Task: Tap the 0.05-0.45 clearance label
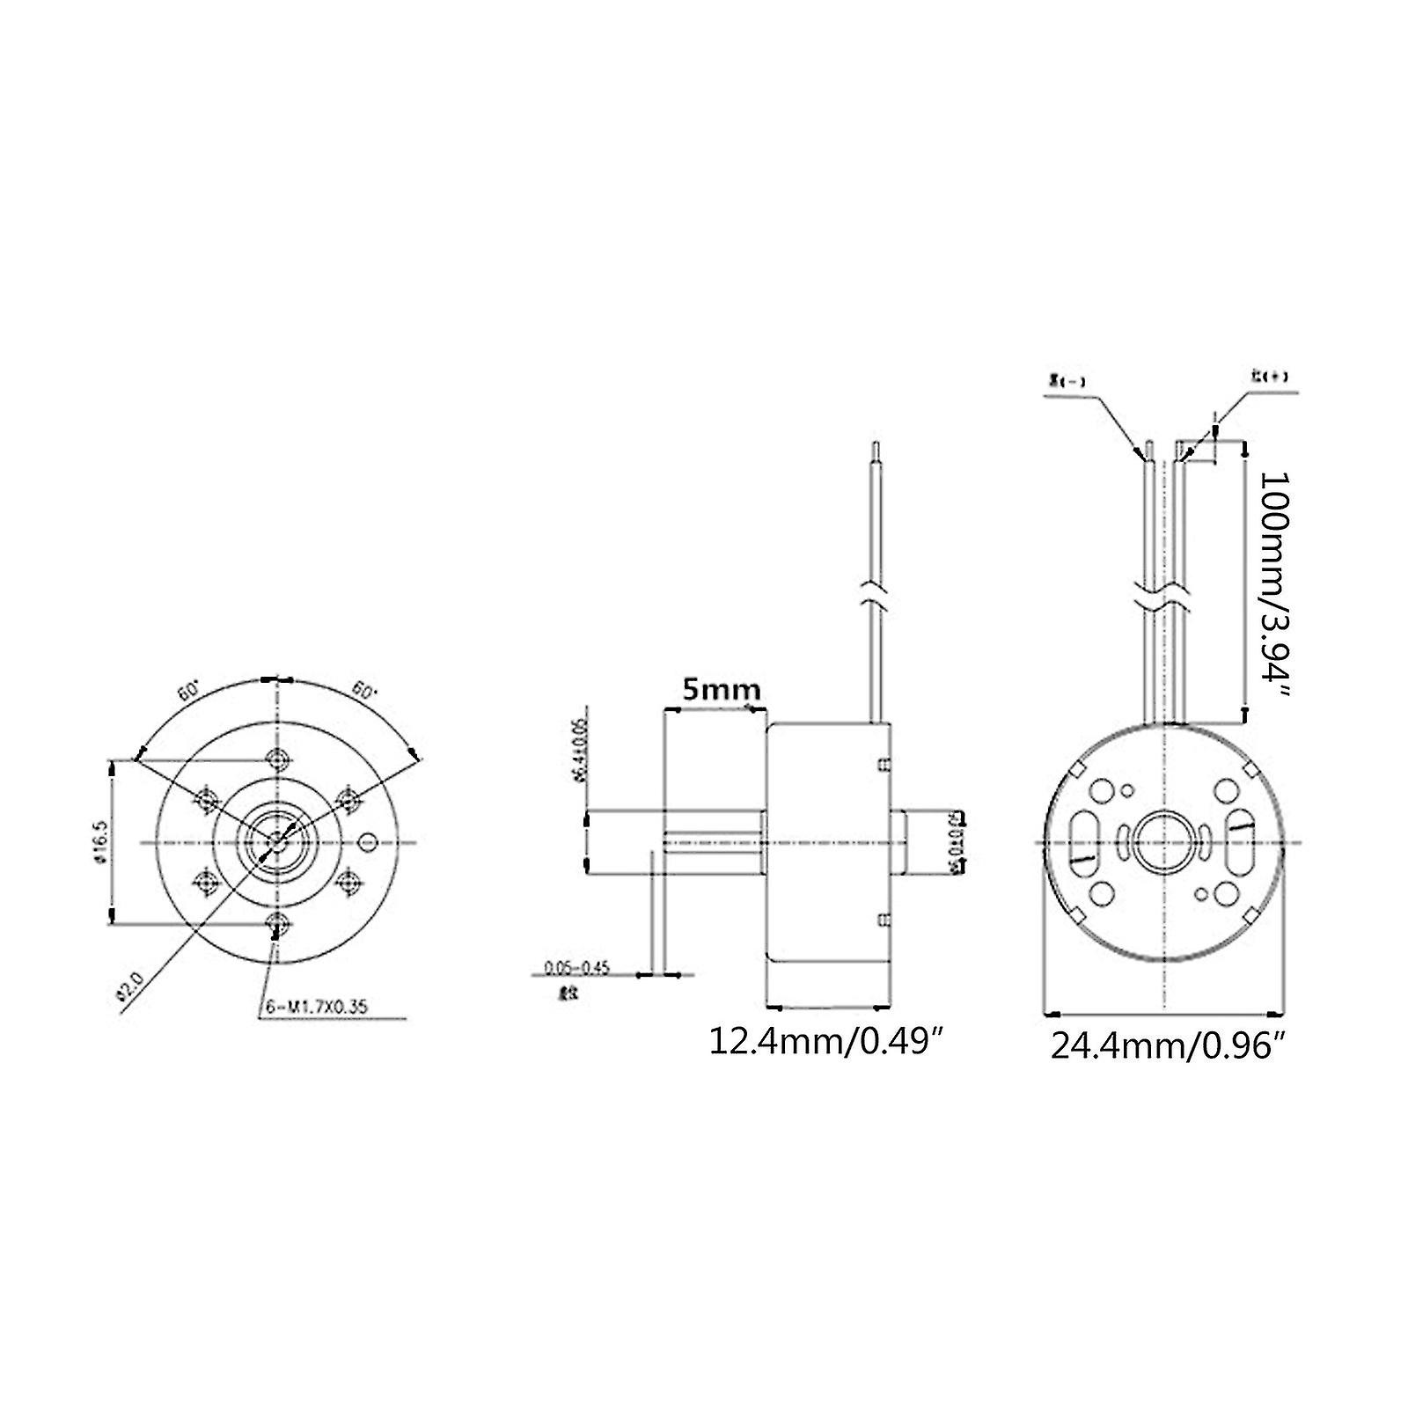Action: click(576, 969)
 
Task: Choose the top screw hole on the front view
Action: click(278, 759)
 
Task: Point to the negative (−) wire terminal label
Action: click(1066, 382)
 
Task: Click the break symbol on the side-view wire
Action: click(876, 589)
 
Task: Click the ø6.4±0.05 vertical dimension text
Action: click(578, 754)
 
